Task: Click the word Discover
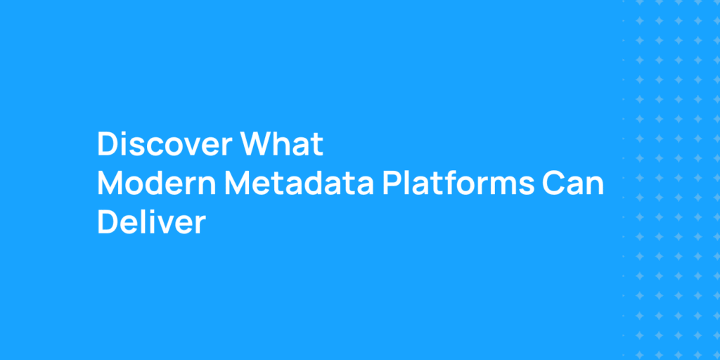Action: tap(165, 145)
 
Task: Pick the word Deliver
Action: tap(151, 222)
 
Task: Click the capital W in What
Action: tap(258, 145)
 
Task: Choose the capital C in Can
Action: tap(553, 184)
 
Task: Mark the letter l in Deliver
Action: tap(143, 222)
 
